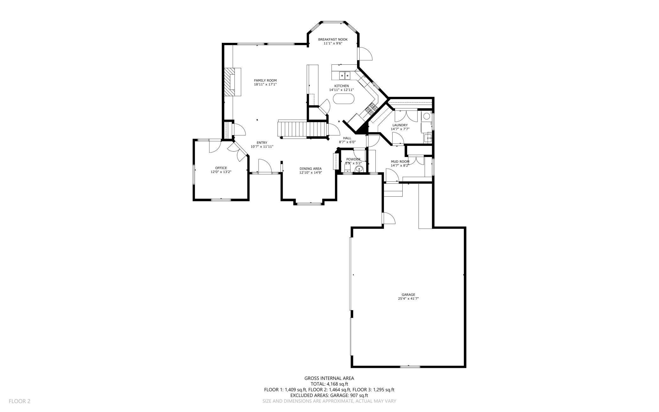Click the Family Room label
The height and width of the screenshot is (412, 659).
coord(265,81)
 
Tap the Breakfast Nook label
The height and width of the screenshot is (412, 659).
coord(333,39)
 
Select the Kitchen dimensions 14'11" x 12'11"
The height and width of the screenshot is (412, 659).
coord(341,90)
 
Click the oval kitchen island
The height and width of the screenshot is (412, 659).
coord(343,99)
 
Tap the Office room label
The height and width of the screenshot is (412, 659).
coord(221,168)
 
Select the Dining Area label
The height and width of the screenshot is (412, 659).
coord(310,169)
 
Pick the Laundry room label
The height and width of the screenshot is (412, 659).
coord(400,125)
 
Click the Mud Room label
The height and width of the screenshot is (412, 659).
coord(400,161)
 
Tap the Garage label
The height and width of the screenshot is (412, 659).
coord(408,295)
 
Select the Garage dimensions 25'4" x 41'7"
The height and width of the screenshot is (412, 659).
coord(408,298)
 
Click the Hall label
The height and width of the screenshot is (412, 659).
coord(347,138)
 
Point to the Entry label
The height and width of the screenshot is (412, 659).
coord(262,143)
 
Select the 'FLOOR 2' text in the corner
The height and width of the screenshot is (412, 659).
coord(19,401)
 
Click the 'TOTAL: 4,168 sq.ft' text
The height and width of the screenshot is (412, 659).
coord(329,384)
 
